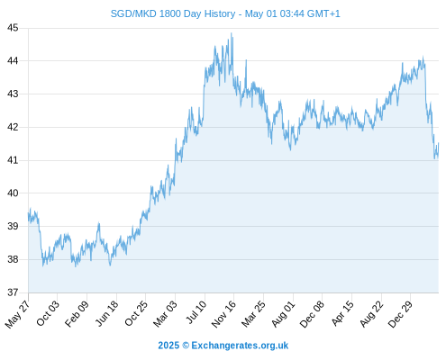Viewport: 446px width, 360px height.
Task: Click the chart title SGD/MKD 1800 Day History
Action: [x=173, y=13]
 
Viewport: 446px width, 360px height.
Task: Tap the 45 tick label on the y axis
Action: [x=13, y=28]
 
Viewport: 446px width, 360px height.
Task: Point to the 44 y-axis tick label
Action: [x=13, y=61]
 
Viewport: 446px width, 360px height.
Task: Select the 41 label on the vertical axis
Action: [x=13, y=160]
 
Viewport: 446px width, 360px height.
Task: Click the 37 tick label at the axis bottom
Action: [x=13, y=292]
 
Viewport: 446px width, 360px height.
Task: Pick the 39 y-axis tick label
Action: [x=13, y=226]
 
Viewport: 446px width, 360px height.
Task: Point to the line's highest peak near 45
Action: [x=231, y=33]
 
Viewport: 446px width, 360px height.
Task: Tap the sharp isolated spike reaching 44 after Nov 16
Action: [x=246, y=60]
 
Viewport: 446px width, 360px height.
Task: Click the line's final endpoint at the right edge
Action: [x=438, y=143]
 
